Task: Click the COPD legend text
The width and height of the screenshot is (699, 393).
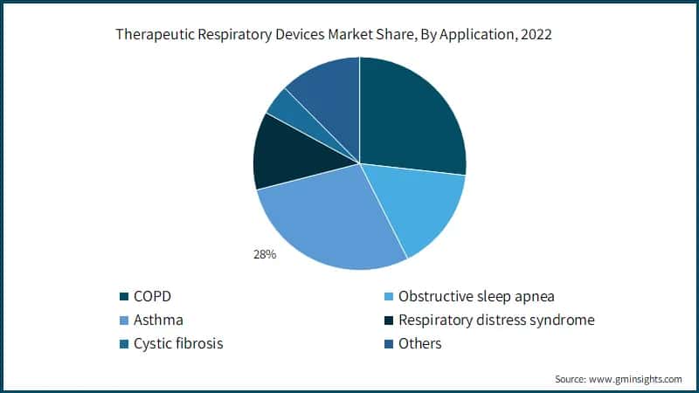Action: coord(153,296)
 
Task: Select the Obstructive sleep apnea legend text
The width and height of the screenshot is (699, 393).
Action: coord(476,296)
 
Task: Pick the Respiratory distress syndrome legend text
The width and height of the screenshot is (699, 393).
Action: coord(495,320)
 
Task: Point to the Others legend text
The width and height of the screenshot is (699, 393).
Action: coord(419,343)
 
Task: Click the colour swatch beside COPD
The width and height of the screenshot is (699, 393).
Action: coord(123,297)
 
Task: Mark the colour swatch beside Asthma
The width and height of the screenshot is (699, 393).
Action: coord(123,321)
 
